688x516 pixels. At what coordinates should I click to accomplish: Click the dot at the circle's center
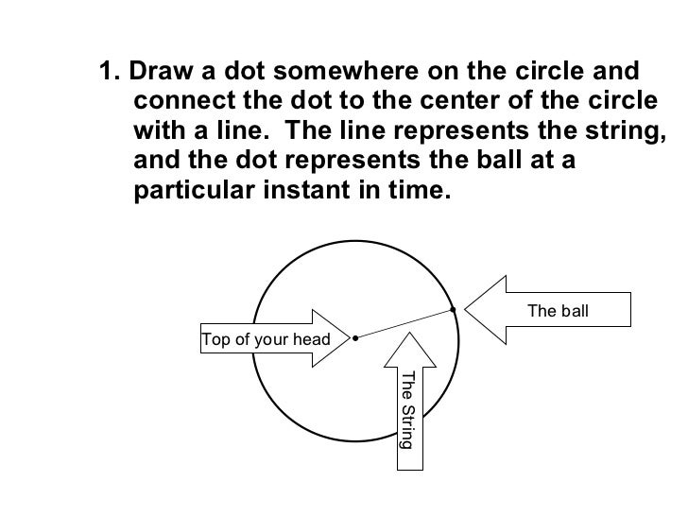coord(354,337)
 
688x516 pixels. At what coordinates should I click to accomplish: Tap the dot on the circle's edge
coord(453,308)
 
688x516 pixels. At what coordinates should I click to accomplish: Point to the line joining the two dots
coord(404,323)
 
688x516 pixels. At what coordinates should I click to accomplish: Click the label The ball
coord(558,310)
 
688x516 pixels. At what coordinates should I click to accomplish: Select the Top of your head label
coord(266,340)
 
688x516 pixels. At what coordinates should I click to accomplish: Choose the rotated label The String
coord(407,409)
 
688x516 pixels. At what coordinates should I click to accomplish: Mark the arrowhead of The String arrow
coord(407,334)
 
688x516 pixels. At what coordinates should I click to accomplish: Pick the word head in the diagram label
coord(311,340)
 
